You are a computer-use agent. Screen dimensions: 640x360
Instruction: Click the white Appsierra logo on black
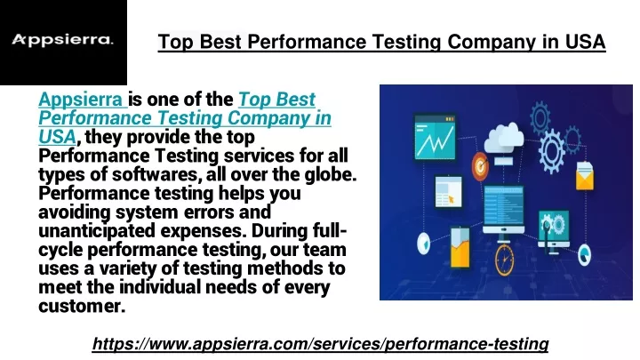(x=62, y=40)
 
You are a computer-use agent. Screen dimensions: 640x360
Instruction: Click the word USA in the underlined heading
(x=585, y=42)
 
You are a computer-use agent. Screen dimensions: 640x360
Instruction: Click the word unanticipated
(x=97, y=231)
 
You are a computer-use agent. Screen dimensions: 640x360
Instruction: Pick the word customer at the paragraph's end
(x=82, y=306)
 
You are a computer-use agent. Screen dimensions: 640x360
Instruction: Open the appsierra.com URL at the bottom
(x=320, y=344)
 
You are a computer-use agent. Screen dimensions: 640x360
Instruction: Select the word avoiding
(x=75, y=212)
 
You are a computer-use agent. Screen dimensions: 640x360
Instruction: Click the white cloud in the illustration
(x=504, y=136)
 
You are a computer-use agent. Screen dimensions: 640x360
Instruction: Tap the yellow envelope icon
(x=585, y=176)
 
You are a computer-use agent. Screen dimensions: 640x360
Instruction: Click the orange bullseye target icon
(x=480, y=166)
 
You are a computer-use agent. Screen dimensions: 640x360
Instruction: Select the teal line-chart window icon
(x=435, y=137)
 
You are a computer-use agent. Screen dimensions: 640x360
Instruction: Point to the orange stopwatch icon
(x=505, y=259)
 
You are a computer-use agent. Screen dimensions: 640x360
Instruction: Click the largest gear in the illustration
(x=552, y=150)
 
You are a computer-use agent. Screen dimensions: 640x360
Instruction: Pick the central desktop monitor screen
(x=503, y=207)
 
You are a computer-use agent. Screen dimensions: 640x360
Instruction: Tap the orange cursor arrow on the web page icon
(x=452, y=200)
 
